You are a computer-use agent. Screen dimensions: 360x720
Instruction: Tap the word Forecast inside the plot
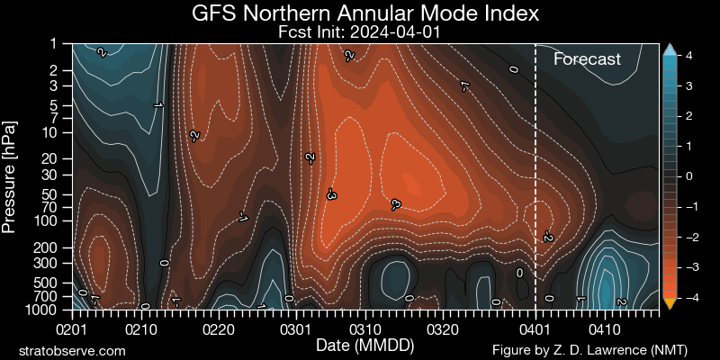click(x=587, y=60)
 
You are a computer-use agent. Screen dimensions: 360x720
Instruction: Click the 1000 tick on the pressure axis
click(x=52, y=309)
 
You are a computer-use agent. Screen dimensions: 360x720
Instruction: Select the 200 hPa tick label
click(x=56, y=246)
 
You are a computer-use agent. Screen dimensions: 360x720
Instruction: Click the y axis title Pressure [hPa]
click(x=12, y=175)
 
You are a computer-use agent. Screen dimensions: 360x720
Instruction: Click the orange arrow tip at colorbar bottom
click(x=669, y=304)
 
